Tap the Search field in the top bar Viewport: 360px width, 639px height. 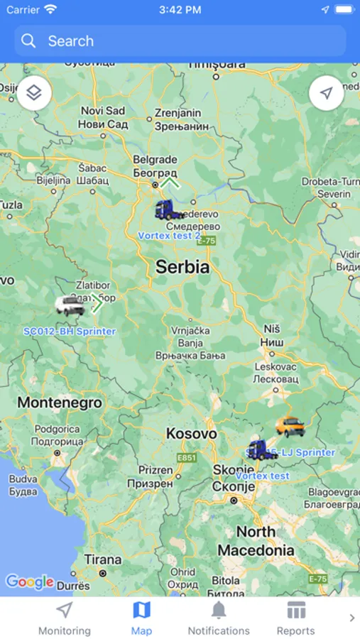180,41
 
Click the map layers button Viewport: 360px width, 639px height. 34,94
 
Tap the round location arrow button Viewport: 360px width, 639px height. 326,94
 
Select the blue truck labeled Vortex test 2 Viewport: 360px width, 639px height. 168,210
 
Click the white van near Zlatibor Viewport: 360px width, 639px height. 70,306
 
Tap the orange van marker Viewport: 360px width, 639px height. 290,426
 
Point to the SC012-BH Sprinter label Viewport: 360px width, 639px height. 70,331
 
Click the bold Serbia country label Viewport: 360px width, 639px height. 182,267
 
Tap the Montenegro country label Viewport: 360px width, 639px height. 60,403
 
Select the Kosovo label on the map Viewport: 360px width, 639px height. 191,433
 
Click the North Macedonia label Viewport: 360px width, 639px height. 256,541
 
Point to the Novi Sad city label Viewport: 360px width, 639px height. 104,111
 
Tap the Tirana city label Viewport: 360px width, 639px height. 103,559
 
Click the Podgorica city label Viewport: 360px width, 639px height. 57,429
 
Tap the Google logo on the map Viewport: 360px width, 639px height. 30,582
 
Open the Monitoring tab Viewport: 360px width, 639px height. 65,618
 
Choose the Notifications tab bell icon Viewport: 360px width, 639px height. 219,610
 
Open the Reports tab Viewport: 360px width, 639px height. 296,618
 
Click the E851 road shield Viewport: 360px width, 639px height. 187,458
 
